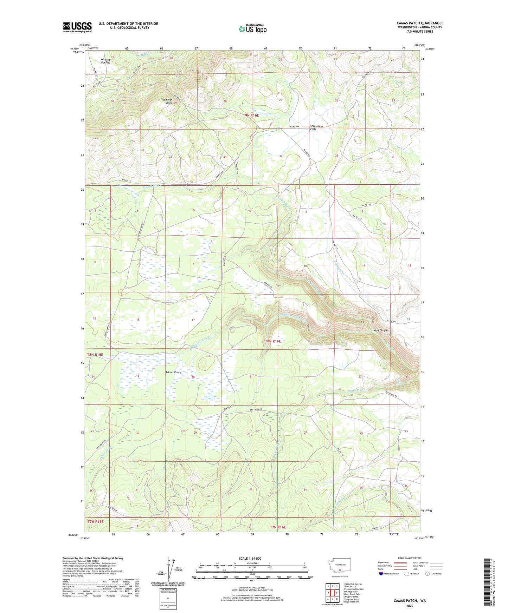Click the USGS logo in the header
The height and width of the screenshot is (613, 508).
coord(77,27)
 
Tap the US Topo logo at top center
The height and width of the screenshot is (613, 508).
coord(252,29)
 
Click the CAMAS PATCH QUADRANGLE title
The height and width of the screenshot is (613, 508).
coord(420,23)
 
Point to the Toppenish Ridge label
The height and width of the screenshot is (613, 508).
coord(166,101)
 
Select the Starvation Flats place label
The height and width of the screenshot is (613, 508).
coord(316,127)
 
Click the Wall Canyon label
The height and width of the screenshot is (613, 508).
coord(381,330)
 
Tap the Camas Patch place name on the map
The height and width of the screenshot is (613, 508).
coord(173,372)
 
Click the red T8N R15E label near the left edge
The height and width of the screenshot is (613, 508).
coord(95,355)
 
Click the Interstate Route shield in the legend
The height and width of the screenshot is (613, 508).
coord(381,574)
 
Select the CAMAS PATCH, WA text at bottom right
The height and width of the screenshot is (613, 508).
coord(410,601)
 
